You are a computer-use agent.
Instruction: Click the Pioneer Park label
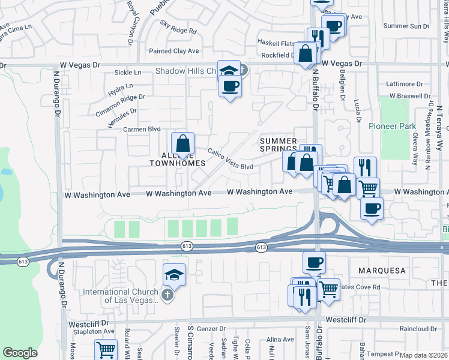click(388, 126)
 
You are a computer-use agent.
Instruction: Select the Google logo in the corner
click(20, 353)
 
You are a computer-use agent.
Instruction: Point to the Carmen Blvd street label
click(142, 129)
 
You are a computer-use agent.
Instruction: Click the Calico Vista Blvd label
click(231, 157)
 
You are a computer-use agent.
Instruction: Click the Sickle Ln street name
click(127, 73)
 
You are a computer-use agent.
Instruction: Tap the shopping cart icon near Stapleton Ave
click(106, 349)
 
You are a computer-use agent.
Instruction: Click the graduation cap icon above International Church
click(174, 274)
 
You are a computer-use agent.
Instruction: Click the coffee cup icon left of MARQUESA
click(315, 262)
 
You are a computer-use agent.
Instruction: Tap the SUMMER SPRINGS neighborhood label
click(279, 145)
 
